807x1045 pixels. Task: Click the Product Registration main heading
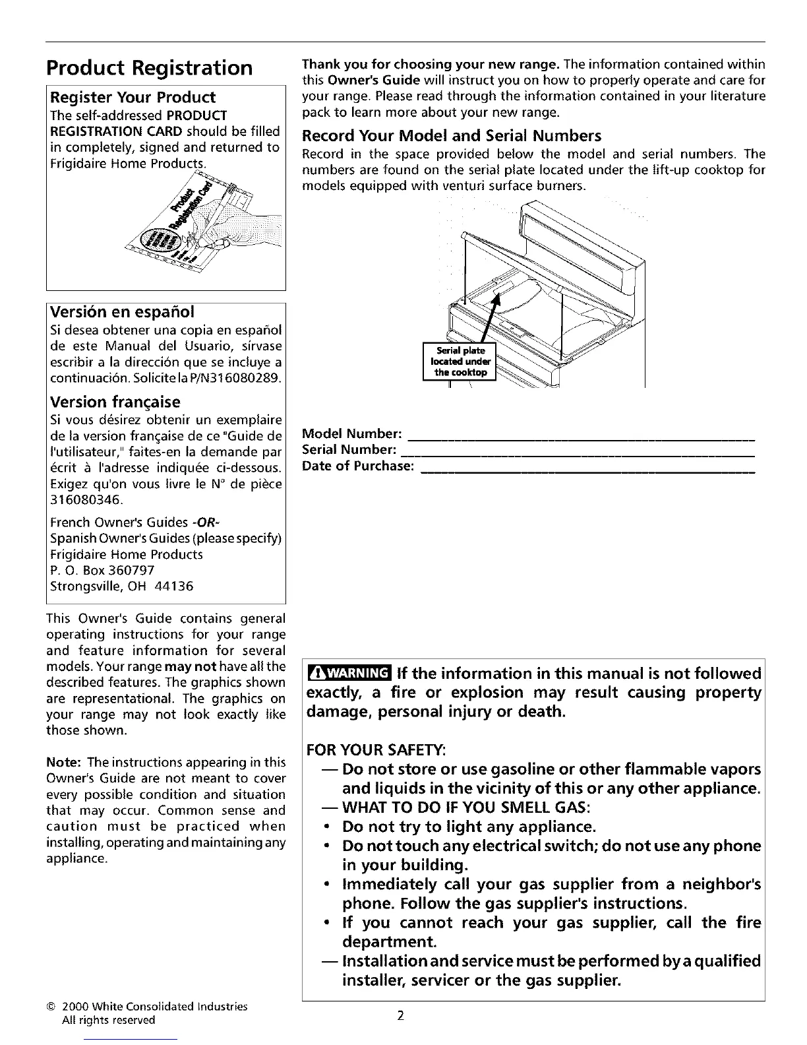click(149, 68)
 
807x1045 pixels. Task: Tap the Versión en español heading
click(123, 311)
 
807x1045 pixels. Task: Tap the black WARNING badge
click(349, 674)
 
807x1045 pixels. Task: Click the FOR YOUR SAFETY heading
click(376, 750)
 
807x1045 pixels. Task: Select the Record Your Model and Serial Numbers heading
click(451, 136)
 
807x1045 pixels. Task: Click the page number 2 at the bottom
click(400, 1015)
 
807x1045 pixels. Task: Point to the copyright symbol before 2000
click(50, 1007)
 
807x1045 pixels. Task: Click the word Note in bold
click(63, 763)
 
